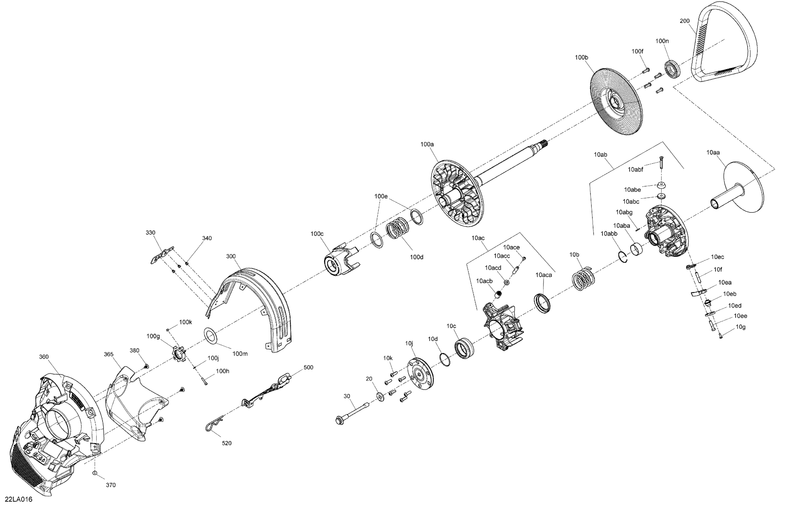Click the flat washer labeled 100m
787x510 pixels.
pyautogui.click(x=210, y=335)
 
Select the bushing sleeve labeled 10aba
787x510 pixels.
pyautogui.click(x=636, y=250)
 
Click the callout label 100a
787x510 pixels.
pyautogui.click(x=427, y=144)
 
